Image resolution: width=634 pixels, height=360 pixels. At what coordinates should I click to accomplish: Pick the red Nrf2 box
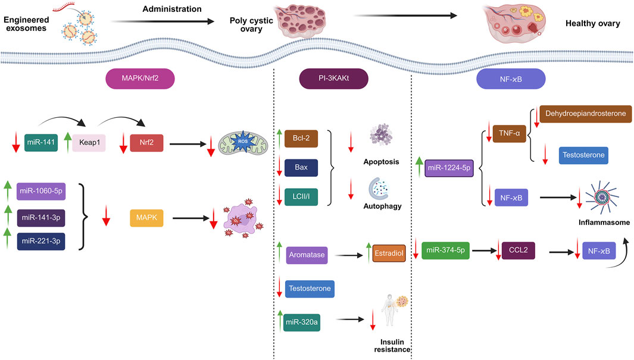coord(146,143)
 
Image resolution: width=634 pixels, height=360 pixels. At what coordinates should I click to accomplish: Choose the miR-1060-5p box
coord(40,193)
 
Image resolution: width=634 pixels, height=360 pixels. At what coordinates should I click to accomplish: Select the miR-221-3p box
coord(40,240)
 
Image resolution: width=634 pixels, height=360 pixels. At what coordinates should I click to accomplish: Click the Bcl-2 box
coord(301,139)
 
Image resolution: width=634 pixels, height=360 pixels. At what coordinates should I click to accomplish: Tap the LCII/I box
coord(301,195)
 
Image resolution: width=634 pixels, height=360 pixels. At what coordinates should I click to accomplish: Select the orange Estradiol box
coord(389,254)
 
